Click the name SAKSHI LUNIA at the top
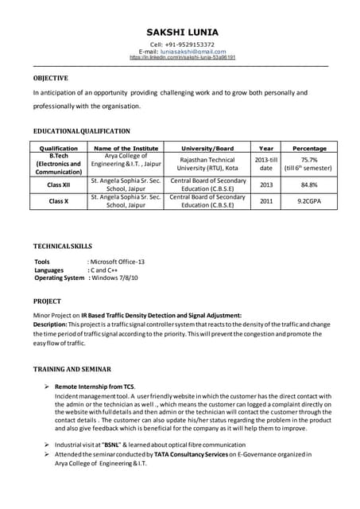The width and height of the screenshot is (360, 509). click(x=182, y=32)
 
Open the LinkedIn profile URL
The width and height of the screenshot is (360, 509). click(x=182, y=58)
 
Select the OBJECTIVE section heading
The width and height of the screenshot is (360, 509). click(x=50, y=79)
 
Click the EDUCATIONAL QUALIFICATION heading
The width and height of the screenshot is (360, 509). click(x=81, y=130)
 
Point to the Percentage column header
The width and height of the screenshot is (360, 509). click(x=309, y=148)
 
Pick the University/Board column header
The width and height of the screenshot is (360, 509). click(x=208, y=148)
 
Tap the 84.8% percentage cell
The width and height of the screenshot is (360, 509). click(x=309, y=185)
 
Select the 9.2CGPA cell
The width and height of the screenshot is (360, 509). click(x=309, y=202)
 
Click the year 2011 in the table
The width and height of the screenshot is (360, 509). click(x=265, y=202)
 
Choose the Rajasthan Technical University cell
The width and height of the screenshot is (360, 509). click(x=208, y=164)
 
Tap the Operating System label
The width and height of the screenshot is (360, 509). click(x=60, y=278)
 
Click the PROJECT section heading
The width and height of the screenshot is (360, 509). click(x=47, y=302)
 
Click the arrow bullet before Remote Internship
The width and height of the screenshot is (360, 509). click(x=47, y=386)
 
